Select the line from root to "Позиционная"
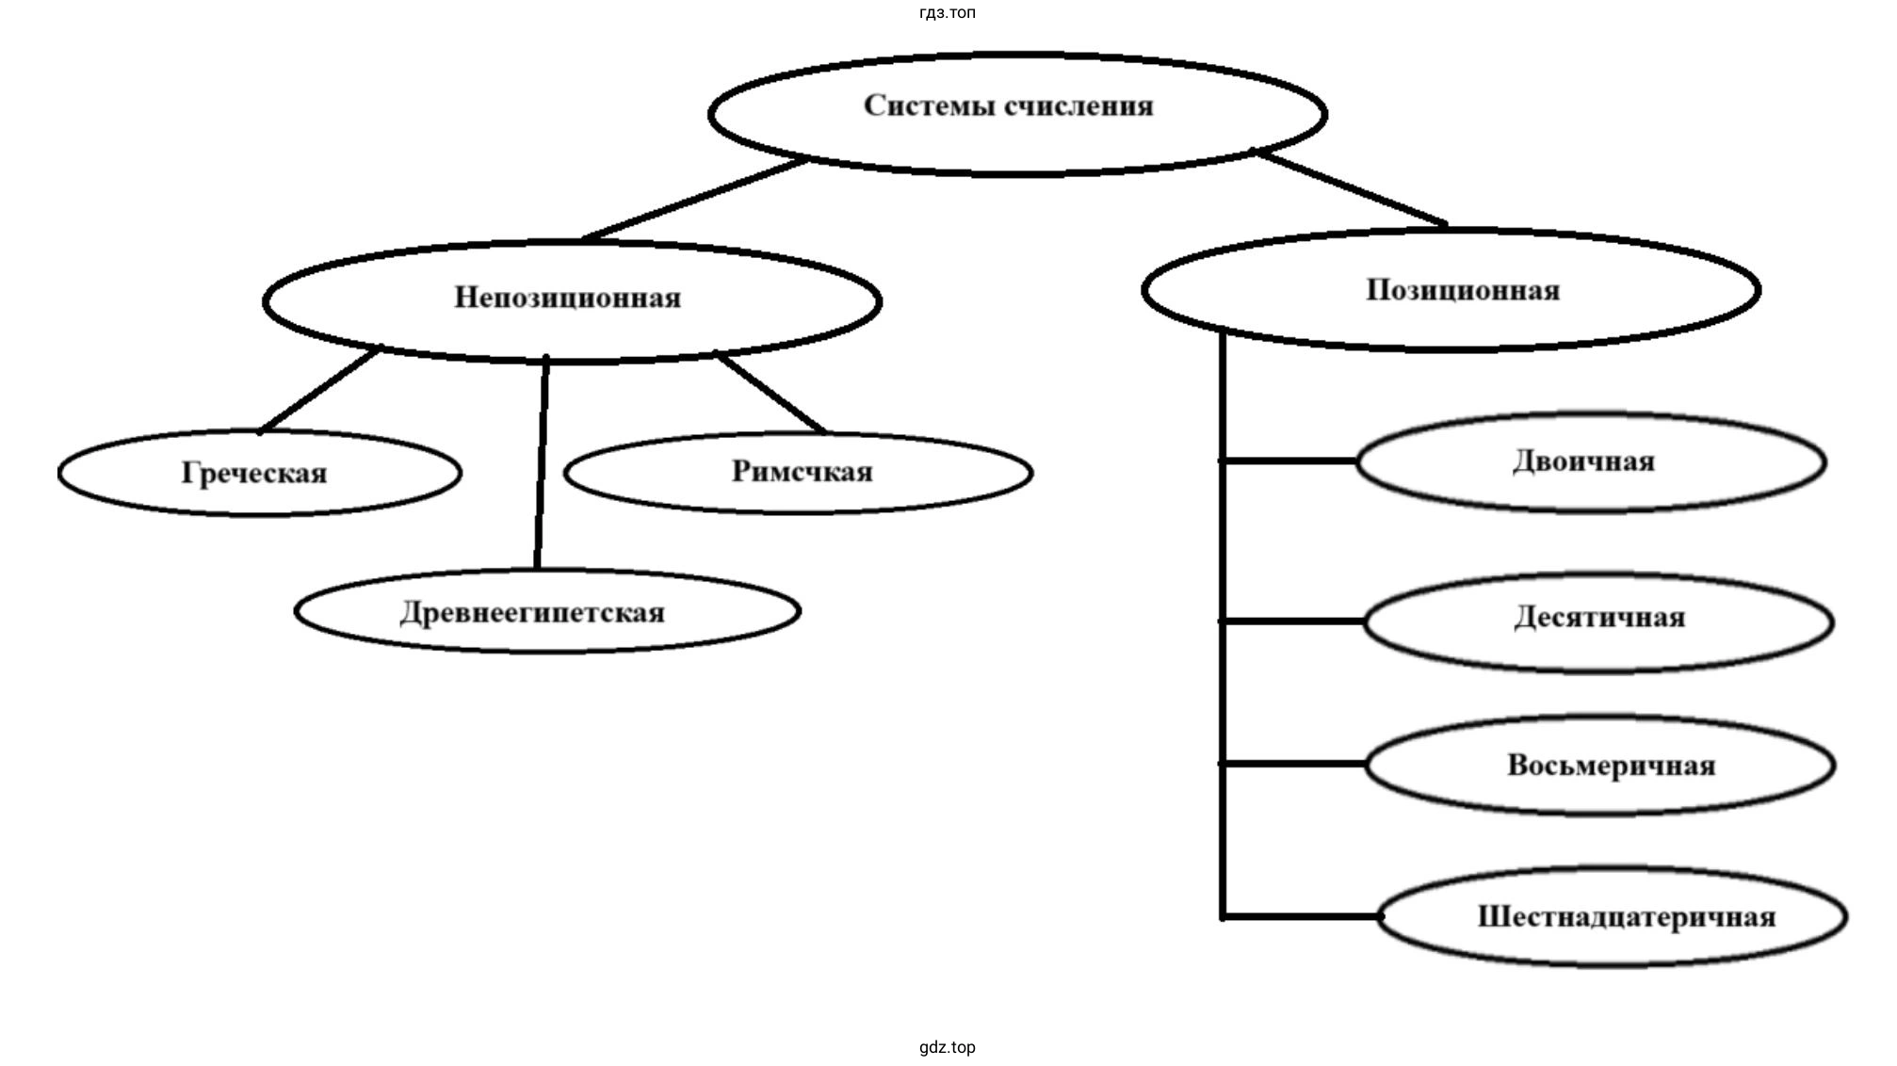1352,187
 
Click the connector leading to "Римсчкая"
770,394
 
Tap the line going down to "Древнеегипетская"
542,461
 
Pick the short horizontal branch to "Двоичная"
1290,461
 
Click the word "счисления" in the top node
1078,105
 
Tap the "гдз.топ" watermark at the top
948,12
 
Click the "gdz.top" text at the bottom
948,1047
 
